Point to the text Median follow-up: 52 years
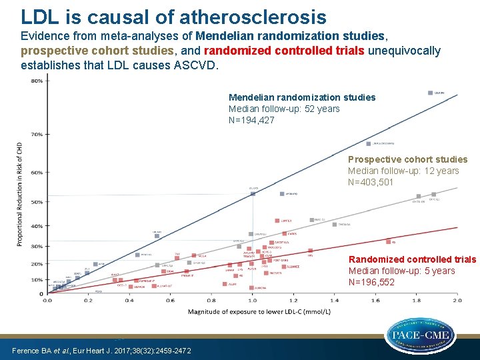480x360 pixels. click(284, 109)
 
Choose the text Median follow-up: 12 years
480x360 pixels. click(403, 171)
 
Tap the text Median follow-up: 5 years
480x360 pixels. click(401, 271)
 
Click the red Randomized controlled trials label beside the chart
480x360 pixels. click(412, 259)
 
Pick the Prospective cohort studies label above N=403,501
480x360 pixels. click(407, 159)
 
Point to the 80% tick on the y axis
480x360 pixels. click(37, 81)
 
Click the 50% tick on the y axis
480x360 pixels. click(37, 201)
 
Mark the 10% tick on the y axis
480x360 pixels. click(37, 280)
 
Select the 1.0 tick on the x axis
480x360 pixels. click(252, 301)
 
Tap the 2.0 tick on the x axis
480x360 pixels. click(457, 301)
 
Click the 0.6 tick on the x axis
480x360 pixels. click(170, 301)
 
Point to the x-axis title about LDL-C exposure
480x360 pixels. click(253, 311)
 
